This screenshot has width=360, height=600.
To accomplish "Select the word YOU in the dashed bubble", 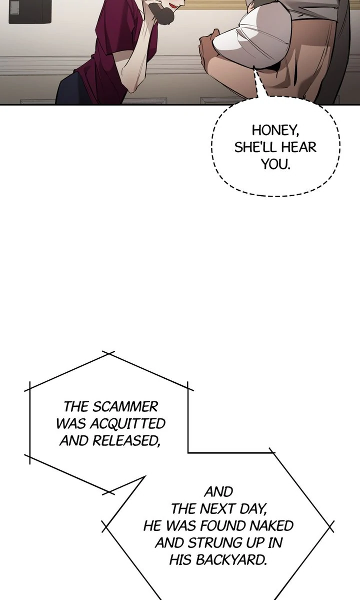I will coord(274,164).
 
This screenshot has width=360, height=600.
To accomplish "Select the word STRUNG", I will coord(216,543).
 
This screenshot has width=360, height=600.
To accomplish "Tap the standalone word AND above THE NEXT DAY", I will coord(218,492).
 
